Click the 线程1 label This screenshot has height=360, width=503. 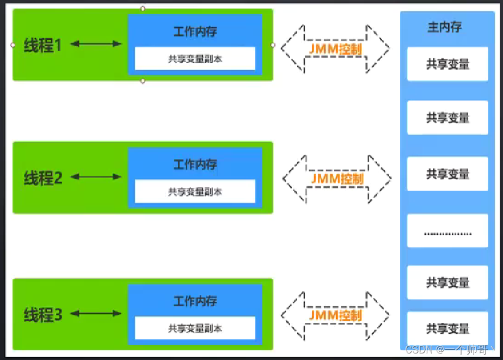(43, 45)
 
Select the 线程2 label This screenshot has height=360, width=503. (43, 178)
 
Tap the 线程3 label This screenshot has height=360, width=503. (43, 314)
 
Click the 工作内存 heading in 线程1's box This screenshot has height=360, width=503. (195, 32)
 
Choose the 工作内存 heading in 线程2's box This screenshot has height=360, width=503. (195, 164)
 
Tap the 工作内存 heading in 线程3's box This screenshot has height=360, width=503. (195, 301)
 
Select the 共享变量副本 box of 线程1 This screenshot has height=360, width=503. (195, 59)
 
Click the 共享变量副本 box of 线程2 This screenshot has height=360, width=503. (195, 192)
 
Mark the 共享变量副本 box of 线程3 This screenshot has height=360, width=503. (195, 328)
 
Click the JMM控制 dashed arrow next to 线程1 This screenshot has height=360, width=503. (335, 48)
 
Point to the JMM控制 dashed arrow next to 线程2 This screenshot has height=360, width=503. (337, 178)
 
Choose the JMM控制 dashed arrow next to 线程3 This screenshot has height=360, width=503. (335, 315)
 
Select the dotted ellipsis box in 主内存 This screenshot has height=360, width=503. (447, 233)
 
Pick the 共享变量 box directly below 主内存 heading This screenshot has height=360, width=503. (447, 64)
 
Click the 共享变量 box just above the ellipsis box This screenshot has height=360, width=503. (447, 174)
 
